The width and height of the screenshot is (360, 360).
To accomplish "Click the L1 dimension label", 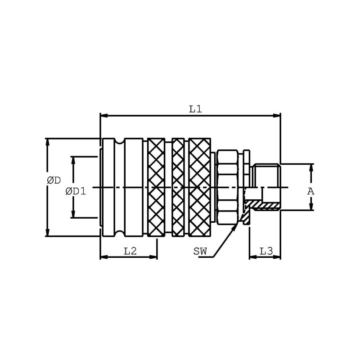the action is pos(195,109).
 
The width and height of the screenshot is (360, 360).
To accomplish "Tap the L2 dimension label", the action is pos(130,251).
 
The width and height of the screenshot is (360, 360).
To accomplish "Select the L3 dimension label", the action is pos(266,251).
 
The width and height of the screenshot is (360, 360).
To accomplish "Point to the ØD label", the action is pos(54,180).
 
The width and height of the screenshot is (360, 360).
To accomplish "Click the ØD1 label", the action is pos(76,191).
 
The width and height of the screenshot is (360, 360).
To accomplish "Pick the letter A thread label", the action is pos(310,191).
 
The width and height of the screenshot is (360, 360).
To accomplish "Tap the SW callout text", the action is pos(200,251).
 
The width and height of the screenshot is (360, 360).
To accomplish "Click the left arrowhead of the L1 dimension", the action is pos(104,116).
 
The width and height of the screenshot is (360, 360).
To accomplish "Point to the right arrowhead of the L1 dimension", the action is pos(276,116).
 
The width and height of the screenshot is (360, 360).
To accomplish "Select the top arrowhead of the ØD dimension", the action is pos(48,143).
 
